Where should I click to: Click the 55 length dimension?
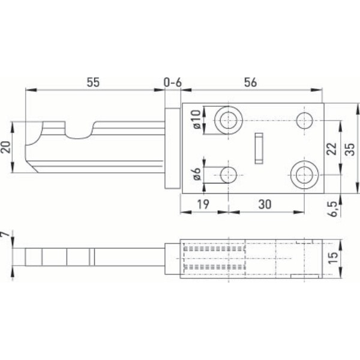[x=92, y=82]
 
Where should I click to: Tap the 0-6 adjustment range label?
[x=172, y=82]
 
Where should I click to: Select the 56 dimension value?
[x=251, y=82]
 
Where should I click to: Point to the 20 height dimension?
[x=7, y=148]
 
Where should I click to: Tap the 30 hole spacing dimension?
[x=263, y=204]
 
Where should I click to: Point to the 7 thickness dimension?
[x=7, y=238]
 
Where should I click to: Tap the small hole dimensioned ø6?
[x=228, y=175]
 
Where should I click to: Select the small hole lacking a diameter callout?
[x=304, y=118]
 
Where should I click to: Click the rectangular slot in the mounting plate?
[x=259, y=148]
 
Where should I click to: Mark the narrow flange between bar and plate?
[x=172, y=148]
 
